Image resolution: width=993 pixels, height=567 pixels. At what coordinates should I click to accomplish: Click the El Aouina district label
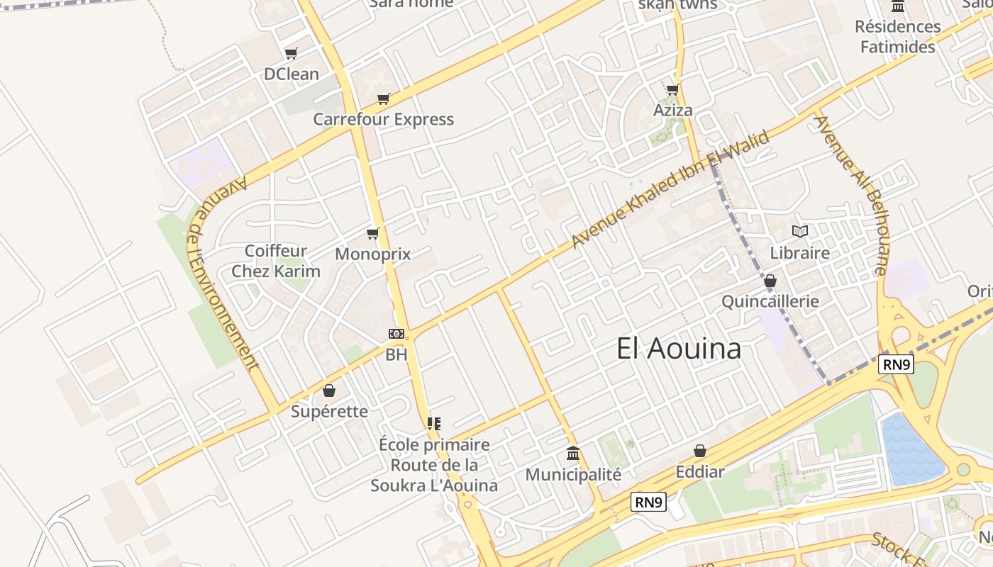click(x=679, y=348)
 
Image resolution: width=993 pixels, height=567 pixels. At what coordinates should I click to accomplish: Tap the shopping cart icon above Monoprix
click(x=372, y=233)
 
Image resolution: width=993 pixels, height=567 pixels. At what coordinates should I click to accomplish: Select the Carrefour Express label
click(x=383, y=119)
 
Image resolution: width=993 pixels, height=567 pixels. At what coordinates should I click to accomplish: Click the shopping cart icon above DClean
click(x=291, y=53)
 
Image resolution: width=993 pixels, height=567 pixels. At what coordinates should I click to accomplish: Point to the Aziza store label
click(x=672, y=111)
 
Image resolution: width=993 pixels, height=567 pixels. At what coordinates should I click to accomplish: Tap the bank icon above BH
click(x=396, y=333)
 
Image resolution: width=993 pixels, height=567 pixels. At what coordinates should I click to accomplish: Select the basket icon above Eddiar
click(x=700, y=451)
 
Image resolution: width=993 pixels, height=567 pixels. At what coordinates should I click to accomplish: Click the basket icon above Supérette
click(x=329, y=391)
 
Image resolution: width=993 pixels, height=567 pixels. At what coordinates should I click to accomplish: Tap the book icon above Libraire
click(x=800, y=231)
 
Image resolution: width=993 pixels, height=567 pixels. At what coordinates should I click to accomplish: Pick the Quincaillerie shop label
click(x=770, y=301)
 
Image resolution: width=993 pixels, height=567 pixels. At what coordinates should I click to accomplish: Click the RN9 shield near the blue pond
click(x=897, y=364)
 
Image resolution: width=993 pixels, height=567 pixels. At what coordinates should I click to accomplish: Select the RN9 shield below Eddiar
click(x=649, y=503)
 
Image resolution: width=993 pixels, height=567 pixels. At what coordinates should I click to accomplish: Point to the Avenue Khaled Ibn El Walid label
click(x=670, y=189)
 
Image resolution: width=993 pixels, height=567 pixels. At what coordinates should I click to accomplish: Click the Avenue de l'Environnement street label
click(x=223, y=274)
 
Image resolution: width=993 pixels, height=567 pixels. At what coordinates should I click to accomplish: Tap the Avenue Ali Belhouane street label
click(x=851, y=194)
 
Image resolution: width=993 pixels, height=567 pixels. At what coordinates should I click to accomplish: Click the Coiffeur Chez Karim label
click(x=276, y=261)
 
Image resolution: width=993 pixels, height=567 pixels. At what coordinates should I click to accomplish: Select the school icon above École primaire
click(x=434, y=424)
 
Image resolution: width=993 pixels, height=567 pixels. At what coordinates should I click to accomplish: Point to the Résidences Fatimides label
click(x=897, y=37)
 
